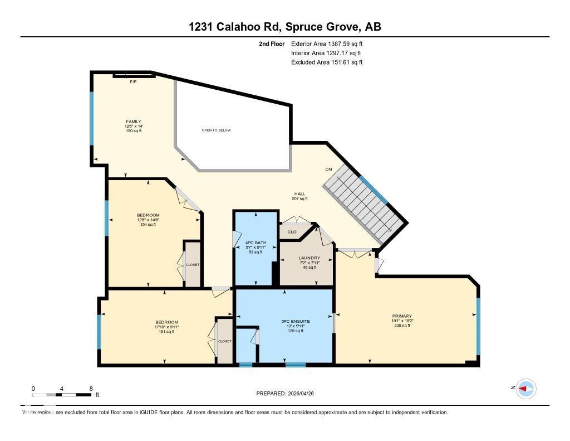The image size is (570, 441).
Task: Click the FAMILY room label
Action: (133, 122)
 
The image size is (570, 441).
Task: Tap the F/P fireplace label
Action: (133, 82)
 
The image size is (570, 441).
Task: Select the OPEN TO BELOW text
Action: (216, 130)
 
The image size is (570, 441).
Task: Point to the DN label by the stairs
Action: (328, 169)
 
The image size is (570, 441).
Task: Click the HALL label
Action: (299, 194)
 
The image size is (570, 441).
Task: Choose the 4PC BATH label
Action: (256, 243)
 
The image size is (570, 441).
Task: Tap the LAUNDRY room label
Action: (309, 258)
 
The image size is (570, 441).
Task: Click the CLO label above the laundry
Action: (292, 232)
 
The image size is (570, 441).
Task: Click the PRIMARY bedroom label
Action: (402, 316)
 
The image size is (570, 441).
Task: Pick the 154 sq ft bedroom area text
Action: (148, 225)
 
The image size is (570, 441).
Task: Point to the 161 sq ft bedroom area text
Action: (166, 332)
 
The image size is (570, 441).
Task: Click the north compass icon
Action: (525, 388)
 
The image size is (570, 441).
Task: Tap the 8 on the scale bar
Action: (91, 389)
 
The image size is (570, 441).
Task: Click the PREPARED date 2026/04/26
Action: (288, 394)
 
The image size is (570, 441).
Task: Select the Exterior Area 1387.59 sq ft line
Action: (327, 43)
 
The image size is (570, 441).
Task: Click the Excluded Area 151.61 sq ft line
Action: (327, 62)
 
